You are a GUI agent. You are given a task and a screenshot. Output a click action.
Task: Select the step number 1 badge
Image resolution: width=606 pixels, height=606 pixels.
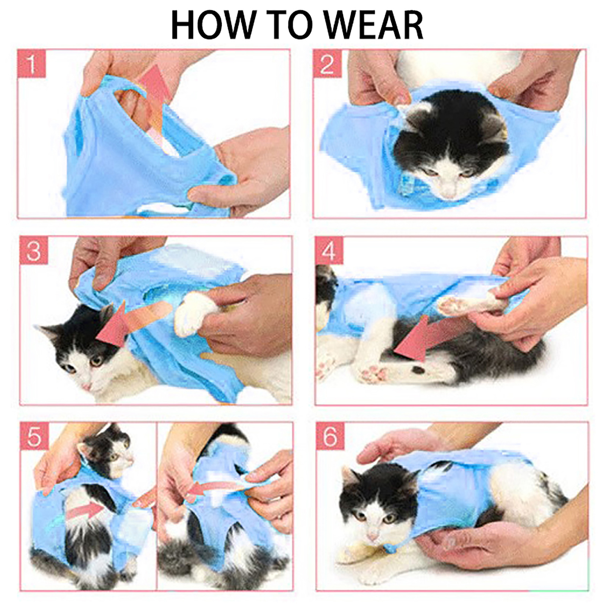click(x=32, y=64)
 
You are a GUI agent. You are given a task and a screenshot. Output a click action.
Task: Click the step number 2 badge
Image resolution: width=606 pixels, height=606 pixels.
click(x=327, y=64)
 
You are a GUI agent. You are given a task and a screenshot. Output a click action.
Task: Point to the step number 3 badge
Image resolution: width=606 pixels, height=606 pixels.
click(x=34, y=250)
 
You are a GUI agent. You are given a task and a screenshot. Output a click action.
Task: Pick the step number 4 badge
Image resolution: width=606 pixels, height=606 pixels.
click(x=329, y=250)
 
